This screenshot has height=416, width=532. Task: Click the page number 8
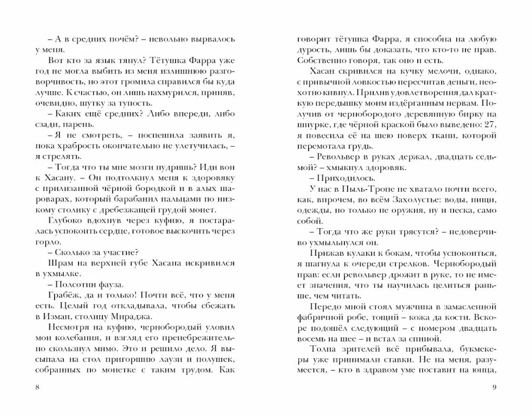36,387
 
